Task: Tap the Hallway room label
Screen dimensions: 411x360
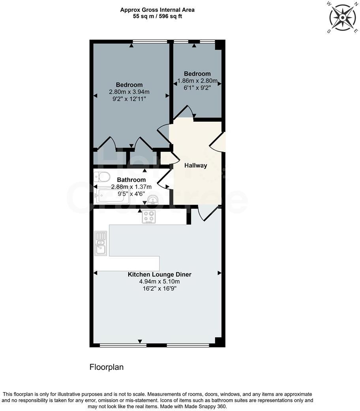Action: (x=196, y=166)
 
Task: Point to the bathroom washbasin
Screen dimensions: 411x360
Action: (x=153, y=200)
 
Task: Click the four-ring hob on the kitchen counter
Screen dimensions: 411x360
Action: (x=149, y=217)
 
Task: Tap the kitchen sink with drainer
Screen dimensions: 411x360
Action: (x=100, y=243)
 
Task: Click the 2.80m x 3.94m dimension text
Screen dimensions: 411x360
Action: (x=129, y=92)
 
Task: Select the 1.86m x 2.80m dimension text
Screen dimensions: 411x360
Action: (x=197, y=81)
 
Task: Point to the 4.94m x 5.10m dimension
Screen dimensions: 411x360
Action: (x=159, y=282)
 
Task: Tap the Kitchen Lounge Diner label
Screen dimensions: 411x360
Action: (x=159, y=274)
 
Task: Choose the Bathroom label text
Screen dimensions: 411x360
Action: (x=129, y=179)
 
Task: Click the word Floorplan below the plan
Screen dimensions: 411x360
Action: (x=107, y=367)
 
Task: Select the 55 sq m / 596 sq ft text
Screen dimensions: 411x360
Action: (x=157, y=17)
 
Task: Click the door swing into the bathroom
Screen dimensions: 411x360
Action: (x=163, y=181)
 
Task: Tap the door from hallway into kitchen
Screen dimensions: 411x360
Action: (x=207, y=213)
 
